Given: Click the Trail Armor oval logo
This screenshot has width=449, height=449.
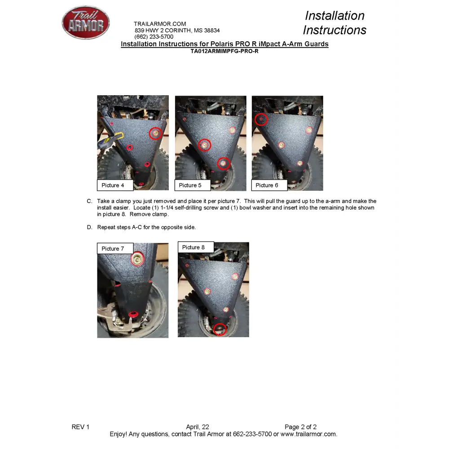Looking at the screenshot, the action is [x=86, y=22].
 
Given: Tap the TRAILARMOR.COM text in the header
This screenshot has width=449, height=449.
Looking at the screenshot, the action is [x=160, y=24].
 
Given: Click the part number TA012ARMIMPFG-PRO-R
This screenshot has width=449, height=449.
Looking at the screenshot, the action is [x=224, y=51].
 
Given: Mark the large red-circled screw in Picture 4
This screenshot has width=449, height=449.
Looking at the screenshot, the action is [x=155, y=133].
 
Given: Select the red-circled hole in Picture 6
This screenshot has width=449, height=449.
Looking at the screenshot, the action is [x=261, y=119].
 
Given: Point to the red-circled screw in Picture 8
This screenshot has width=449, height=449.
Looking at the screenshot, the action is [x=220, y=329].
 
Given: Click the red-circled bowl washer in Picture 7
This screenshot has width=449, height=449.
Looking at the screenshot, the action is [x=137, y=259].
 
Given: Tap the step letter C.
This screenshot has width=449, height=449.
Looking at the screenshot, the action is [x=90, y=201].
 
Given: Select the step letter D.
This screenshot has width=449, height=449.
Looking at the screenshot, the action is [x=90, y=227].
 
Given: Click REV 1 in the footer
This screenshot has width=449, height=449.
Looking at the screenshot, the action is [x=80, y=427].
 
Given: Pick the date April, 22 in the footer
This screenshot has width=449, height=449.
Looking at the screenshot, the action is [x=198, y=427].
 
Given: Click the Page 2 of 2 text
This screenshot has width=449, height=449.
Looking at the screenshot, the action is [x=301, y=427].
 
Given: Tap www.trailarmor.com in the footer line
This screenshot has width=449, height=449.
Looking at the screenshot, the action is [x=309, y=434].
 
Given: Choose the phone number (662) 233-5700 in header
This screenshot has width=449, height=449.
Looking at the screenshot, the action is [x=154, y=37].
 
